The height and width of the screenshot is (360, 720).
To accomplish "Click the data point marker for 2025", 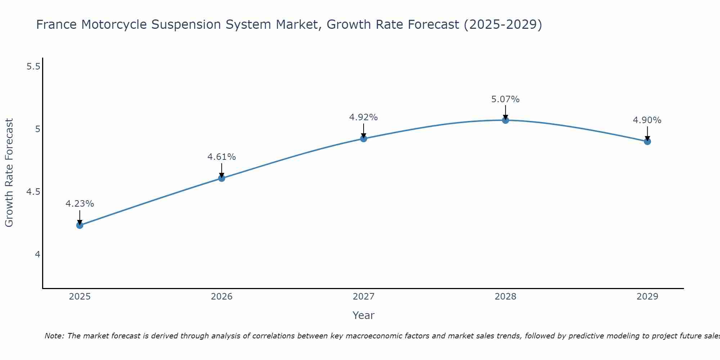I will pos(80,225).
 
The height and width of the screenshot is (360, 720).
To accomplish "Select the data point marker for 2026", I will pos(221,178).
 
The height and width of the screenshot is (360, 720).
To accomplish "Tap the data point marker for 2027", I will pos(364,139).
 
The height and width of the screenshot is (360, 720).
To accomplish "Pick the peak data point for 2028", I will pos(505,120).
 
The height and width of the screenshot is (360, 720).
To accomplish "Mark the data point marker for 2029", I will pos(647,141).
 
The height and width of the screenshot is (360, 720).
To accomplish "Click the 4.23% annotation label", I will pos(80,204).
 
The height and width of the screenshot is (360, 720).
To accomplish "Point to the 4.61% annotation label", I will pos(221,157).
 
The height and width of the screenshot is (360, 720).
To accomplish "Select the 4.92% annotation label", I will pos(364,117).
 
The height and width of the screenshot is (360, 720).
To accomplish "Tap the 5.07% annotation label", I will pos(505,99).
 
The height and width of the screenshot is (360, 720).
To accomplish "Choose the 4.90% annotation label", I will pos(647,120).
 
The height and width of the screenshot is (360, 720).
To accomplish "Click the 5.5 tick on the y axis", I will pos(33,67).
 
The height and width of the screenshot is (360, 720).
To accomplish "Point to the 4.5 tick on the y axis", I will pos(33,192).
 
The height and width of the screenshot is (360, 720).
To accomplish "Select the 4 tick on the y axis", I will pos(37,255).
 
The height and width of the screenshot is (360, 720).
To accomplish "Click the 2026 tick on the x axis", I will pos(221,297).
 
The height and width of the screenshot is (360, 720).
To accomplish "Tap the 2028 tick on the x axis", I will pos(505,297).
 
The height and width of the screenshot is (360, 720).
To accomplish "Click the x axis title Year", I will pos(363,315).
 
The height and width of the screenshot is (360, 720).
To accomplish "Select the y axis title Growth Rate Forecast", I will pos(9,173).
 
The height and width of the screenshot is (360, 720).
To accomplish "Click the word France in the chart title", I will pos(57,25).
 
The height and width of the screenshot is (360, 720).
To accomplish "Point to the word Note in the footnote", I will pos(54,336).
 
